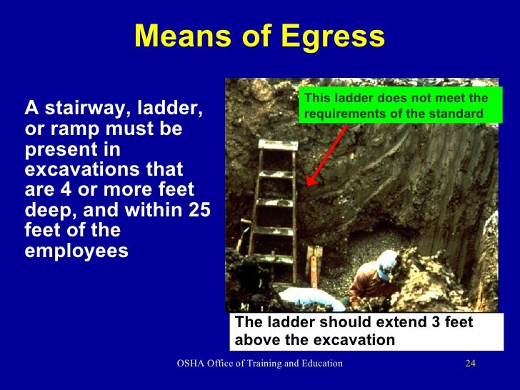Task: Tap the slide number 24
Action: point(469,364)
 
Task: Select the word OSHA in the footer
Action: point(191,364)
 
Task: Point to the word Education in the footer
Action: point(319,364)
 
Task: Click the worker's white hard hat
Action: point(389,264)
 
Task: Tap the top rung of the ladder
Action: point(278,145)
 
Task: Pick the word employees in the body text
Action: point(76,251)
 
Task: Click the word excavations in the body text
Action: point(78,171)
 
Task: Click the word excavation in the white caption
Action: point(351,339)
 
